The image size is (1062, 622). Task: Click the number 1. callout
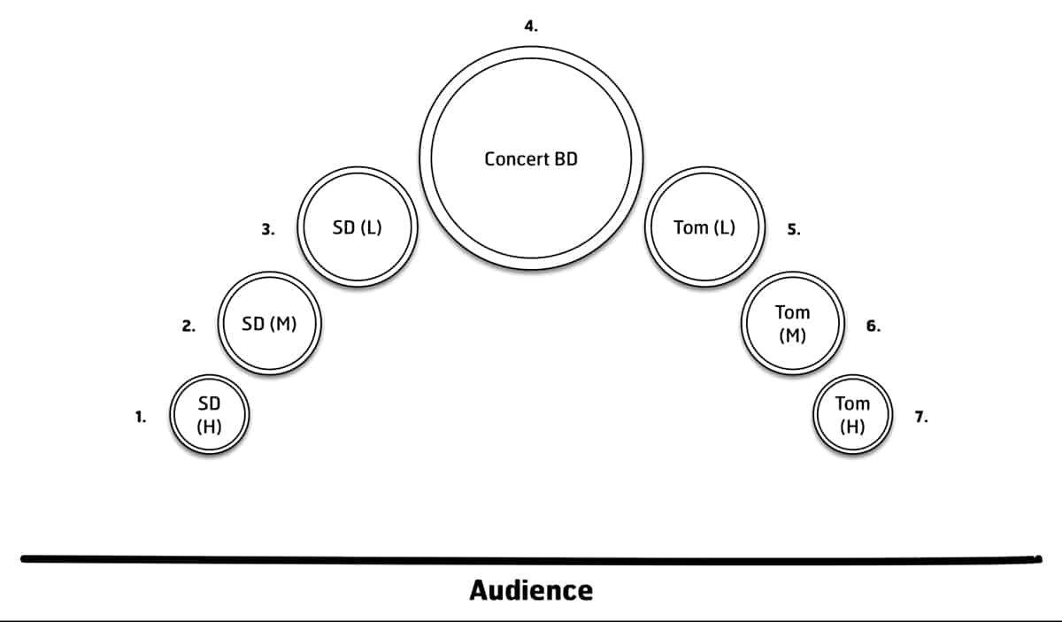(x=141, y=416)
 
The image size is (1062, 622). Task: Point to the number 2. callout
(x=189, y=326)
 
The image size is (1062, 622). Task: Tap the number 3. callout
(x=268, y=229)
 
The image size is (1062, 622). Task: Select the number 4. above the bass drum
(x=530, y=27)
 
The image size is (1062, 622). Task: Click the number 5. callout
(x=794, y=229)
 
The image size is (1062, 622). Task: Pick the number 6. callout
(x=873, y=326)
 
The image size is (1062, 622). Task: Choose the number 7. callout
(x=921, y=417)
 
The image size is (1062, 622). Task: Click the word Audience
(x=531, y=590)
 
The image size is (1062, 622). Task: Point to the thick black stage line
(x=531, y=558)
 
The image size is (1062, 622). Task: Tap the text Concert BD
(x=531, y=159)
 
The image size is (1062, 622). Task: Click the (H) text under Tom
(x=853, y=426)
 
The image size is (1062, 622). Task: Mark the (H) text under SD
(x=209, y=426)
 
